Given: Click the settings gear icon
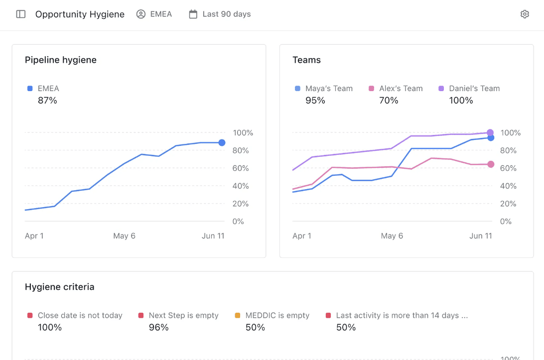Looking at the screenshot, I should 525,14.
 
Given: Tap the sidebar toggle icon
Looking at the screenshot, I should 21,14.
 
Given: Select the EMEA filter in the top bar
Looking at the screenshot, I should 154,14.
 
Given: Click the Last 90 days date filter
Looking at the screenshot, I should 220,14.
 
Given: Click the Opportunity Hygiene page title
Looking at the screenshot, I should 80,14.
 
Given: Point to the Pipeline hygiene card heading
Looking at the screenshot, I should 61,60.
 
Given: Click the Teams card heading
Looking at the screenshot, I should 306,60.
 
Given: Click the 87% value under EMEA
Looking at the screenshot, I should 47,101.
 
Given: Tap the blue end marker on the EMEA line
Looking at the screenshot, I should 222,143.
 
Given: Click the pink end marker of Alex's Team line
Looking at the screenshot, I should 491,164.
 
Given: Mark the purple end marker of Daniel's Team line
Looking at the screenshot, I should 490,133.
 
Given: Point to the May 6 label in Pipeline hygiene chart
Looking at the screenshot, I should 124,236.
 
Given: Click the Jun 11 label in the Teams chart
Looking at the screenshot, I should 480,236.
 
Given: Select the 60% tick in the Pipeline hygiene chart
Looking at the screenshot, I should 241,168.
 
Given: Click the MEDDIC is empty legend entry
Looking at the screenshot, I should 277,316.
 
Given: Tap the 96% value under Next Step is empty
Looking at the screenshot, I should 158,328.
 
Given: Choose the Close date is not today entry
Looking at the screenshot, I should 80,316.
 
